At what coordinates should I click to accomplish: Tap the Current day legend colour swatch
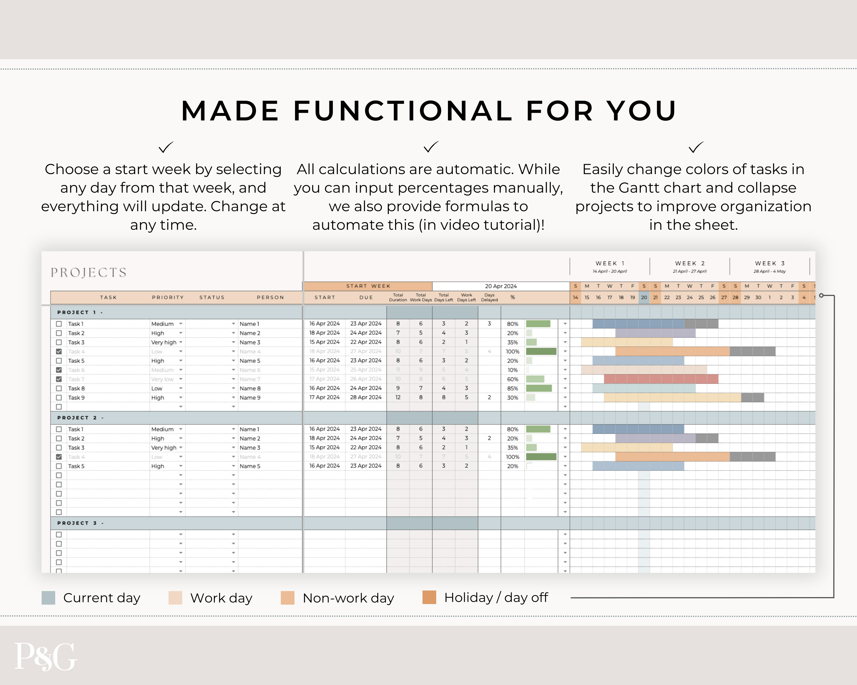[x=48, y=598]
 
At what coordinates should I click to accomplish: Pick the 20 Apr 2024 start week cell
[x=500, y=286]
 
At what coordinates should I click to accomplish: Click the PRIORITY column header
[x=168, y=297]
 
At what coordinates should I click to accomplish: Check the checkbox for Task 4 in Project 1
[x=59, y=351]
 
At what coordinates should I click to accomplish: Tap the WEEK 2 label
[x=690, y=263]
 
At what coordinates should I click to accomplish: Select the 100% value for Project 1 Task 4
[x=512, y=351]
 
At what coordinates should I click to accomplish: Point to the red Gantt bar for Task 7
[x=661, y=379]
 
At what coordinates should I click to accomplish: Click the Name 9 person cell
[x=250, y=398]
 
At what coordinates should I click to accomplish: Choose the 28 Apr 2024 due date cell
[x=365, y=397]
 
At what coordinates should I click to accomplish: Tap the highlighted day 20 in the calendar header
[x=644, y=297]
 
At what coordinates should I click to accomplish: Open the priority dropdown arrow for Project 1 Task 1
[x=181, y=324]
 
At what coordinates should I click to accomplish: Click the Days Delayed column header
[x=489, y=297]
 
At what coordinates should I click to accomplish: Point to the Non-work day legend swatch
[x=287, y=598]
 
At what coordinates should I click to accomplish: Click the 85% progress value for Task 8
[x=512, y=388]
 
